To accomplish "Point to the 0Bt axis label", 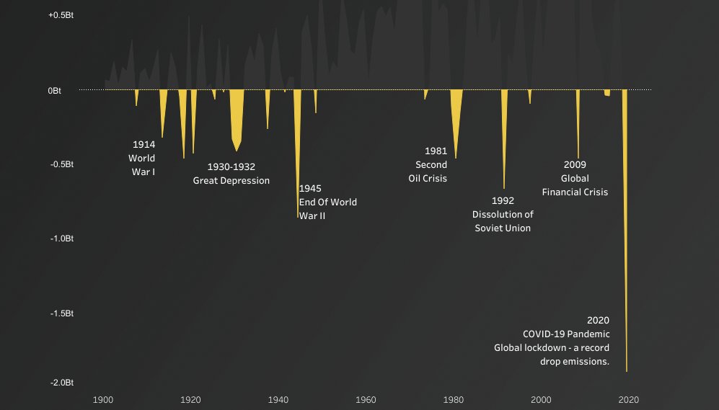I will (x=55, y=91).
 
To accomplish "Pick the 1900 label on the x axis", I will (x=103, y=400).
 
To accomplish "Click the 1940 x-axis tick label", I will (x=278, y=400).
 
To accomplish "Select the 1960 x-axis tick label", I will (x=366, y=400).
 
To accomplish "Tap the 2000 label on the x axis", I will (x=541, y=400).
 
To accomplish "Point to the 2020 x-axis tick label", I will (x=628, y=400).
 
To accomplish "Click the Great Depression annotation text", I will (x=231, y=181).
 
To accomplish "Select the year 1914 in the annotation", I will (x=144, y=145).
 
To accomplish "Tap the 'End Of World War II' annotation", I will (x=327, y=202).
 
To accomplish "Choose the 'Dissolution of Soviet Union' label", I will (x=503, y=221).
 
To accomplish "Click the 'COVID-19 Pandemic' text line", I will (x=566, y=334).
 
